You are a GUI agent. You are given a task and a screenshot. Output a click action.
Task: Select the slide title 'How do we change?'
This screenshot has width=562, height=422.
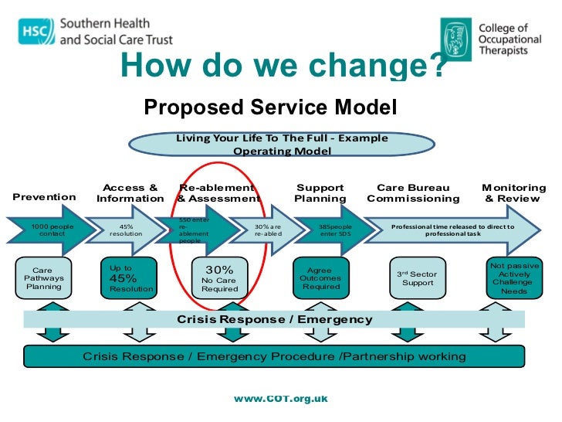coord(283,67)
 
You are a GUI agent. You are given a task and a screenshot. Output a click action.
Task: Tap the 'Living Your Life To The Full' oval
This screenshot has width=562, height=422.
coord(282,145)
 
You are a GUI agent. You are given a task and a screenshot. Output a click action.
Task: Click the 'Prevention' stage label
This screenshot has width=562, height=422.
coord(45,196)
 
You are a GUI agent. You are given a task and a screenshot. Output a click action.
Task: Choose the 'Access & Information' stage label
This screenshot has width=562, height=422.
coord(130,192)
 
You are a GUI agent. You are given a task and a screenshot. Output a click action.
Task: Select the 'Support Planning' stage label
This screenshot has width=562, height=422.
coord(320,192)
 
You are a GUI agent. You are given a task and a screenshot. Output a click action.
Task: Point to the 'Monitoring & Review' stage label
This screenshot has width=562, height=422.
coord(513,192)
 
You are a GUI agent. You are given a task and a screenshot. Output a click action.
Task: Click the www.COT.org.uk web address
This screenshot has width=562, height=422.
coord(281,398)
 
